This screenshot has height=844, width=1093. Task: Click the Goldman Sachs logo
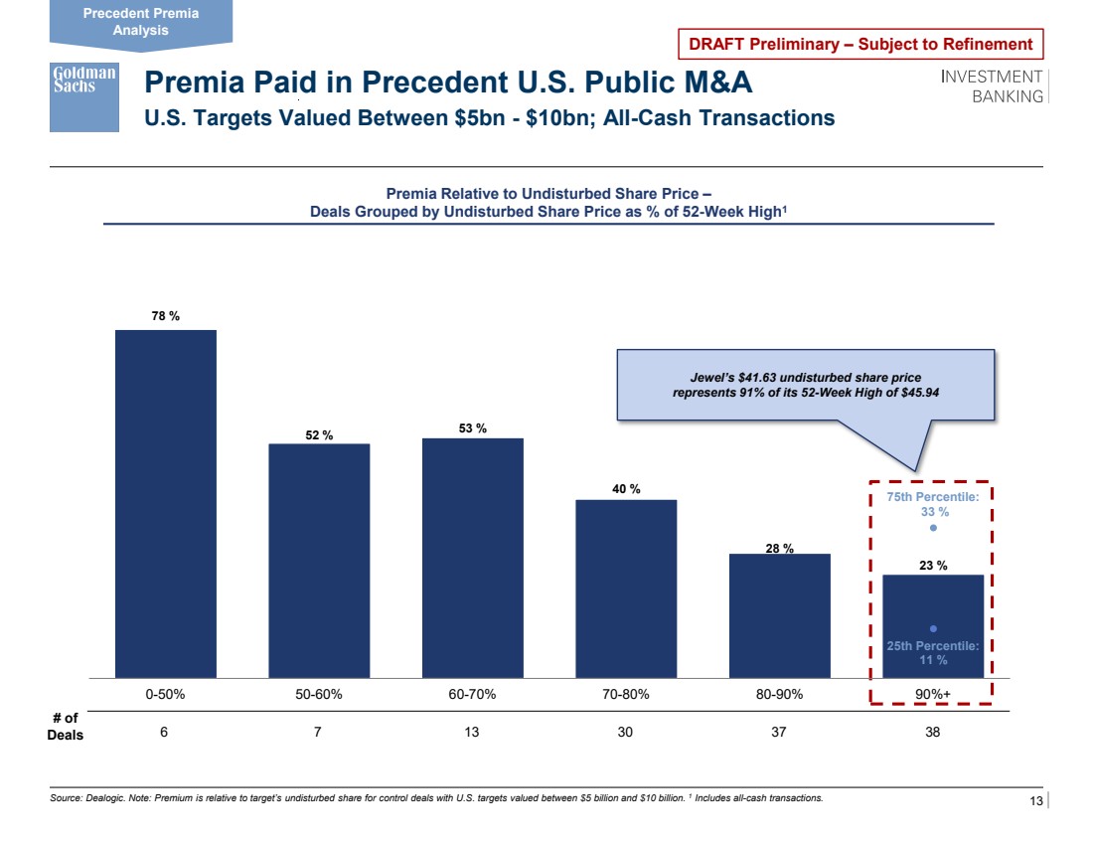(84, 97)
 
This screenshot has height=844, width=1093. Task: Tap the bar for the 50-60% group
(319, 561)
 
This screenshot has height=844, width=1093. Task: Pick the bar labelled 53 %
(473, 558)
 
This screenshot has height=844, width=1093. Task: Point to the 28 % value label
(778, 548)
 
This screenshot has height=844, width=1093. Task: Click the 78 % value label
(165, 316)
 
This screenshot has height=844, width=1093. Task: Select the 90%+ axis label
(932, 695)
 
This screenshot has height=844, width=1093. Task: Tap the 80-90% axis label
(779, 695)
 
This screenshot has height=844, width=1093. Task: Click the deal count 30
(625, 735)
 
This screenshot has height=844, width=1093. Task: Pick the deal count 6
(165, 735)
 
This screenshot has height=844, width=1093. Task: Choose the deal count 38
(932, 735)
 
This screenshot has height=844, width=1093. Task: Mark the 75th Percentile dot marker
(933, 528)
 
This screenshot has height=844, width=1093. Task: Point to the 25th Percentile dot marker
(933, 628)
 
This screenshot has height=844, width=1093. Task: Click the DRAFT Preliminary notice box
(860, 45)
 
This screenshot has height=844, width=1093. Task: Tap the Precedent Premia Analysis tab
(140, 22)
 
